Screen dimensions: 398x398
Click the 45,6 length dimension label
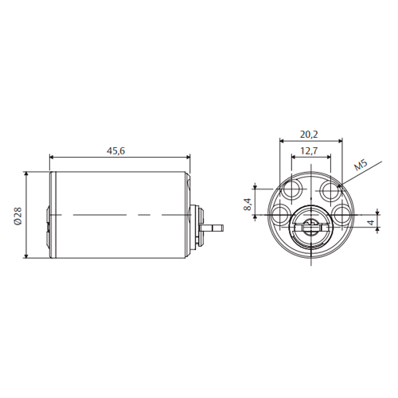115,151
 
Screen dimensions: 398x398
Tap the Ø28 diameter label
18,217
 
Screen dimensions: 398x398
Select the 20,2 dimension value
309,135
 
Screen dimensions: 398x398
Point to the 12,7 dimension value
309,151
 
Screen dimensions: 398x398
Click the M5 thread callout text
361,165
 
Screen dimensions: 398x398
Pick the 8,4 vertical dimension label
248,205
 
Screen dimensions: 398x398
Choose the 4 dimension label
372,222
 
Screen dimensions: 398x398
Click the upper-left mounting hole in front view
292,189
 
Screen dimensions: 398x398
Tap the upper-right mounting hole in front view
330,189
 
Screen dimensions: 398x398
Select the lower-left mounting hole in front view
281,214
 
